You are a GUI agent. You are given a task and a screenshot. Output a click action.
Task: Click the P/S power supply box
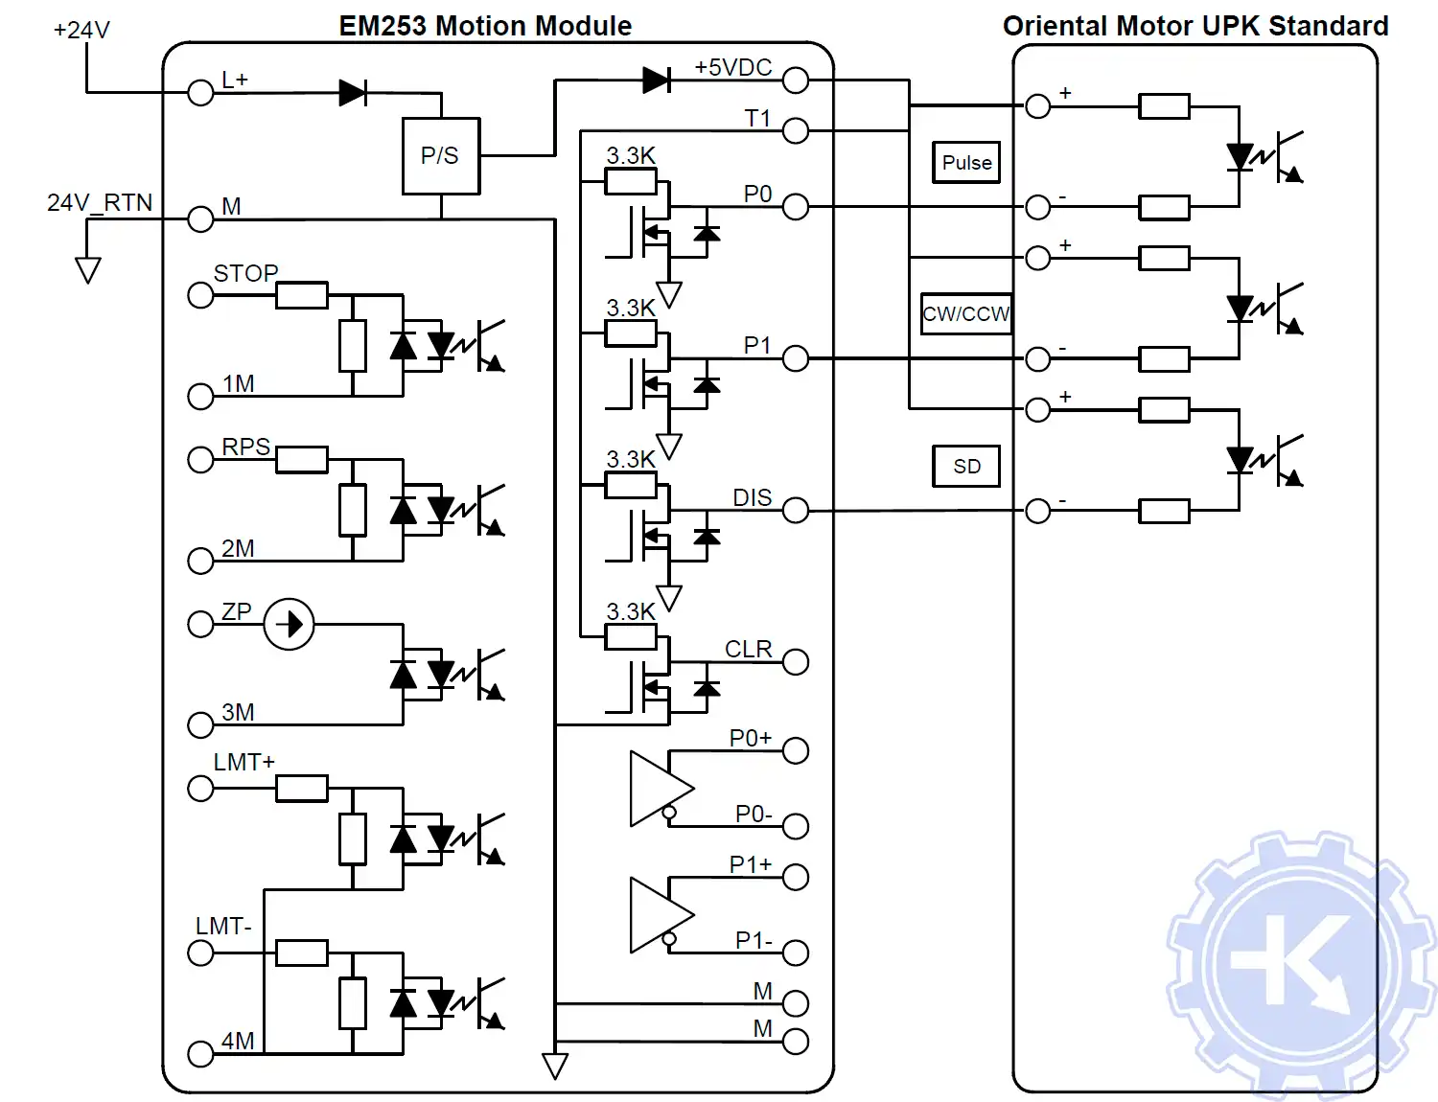point(440,156)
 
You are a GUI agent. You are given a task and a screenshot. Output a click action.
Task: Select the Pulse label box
point(966,162)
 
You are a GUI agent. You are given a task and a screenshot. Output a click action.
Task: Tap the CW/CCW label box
point(966,313)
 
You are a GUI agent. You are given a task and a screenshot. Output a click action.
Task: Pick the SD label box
point(966,466)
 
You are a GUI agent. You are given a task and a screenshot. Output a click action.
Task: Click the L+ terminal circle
point(200,93)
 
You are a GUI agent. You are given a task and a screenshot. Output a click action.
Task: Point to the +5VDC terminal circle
point(796,80)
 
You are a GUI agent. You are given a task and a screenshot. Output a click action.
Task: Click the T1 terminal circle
point(796,130)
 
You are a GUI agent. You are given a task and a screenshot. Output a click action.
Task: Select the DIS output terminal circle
point(796,511)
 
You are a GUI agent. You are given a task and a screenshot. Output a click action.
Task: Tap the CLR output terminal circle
point(796,662)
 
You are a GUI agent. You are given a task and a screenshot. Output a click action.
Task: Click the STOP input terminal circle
point(200,295)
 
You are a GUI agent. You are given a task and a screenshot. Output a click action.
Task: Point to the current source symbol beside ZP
point(289,625)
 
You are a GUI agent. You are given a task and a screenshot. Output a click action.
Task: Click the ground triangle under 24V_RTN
point(87,270)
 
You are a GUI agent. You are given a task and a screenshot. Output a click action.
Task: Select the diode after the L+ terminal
point(353,93)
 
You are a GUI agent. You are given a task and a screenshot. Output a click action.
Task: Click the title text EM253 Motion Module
point(485,26)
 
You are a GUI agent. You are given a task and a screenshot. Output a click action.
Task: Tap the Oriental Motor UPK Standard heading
point(1195,26)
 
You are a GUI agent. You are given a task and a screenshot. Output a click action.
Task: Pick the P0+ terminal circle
point(796,750)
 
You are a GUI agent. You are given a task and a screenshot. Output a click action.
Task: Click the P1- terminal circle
point(796,953)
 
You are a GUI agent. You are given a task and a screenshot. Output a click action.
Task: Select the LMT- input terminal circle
point(200,953)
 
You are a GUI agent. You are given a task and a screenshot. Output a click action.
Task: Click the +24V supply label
point(81,30)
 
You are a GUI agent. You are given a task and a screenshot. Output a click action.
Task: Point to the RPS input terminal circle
point(200,460)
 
